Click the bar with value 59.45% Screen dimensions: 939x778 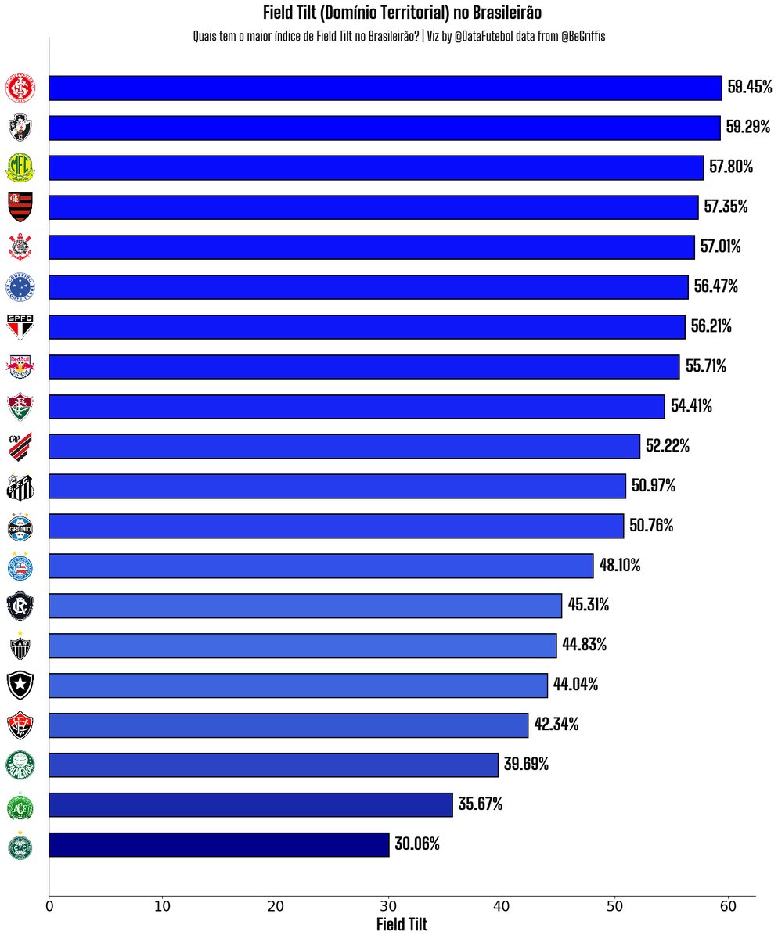pyautogui.click(x=385, y=88)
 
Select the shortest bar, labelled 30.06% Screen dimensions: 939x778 pyautogui.click(x=219, y=844)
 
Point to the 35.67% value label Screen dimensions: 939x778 pyautogui.click(x=480, y=804)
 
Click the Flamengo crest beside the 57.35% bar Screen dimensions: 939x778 pyautogui.click(x=20, y=207)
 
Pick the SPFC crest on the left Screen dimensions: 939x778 pyautogui.click(x=20, y=326)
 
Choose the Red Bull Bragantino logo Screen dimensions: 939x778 pyautogui.click(x=20, y=366)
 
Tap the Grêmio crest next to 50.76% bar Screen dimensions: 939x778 pyautogui.click(x=20, y=526)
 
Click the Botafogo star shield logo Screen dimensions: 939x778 pyautogui.click(x=20, y=685)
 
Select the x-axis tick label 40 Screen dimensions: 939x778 pyautogui.click(x=502, y=907)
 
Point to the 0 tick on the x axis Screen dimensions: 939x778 pyautogui.click(x=49, y=907)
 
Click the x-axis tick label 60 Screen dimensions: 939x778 pyautogui.click(x=729, y=907)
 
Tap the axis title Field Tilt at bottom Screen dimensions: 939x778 pyautogui.click(x=402, y=924)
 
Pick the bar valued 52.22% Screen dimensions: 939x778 pyautogui.click(x=344, y=446)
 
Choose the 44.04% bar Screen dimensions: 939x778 pyautogui.click(x=298, y=685)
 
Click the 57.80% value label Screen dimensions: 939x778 pyautogui.click(x=731, y=167)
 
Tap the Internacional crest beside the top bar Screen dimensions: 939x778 pyautogui.click(x=20, y=88)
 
